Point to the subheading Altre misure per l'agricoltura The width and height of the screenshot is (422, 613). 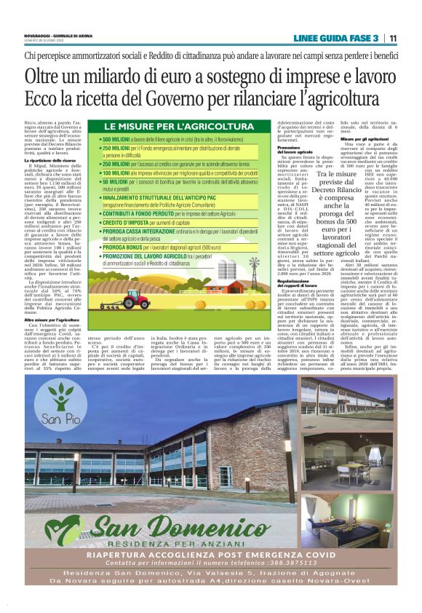tap(52, 319)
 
